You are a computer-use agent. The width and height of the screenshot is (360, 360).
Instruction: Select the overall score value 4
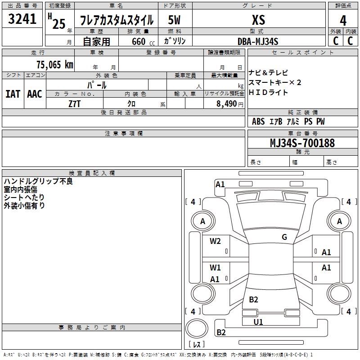(343, 21)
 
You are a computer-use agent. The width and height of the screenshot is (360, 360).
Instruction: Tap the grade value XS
(258, 20)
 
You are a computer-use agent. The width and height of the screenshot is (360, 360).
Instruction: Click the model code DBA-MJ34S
(258, 41)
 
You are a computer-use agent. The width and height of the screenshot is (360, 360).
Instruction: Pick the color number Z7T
(75, 103)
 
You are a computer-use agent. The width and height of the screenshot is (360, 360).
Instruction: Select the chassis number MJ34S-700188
(302, 143)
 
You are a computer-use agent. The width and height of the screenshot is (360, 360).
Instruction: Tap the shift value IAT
(13, 94)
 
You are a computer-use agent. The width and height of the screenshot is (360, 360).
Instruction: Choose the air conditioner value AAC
(35, 94)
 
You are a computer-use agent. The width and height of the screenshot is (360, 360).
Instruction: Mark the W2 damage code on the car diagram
(215, 241)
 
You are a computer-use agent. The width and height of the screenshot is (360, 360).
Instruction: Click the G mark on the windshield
(284, 237)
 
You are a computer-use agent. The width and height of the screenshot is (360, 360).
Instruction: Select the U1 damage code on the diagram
(258, 322)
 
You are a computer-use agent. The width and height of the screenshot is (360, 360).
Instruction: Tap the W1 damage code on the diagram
(215, 268)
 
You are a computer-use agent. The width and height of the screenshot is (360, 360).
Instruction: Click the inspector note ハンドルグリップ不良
(38, 181)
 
